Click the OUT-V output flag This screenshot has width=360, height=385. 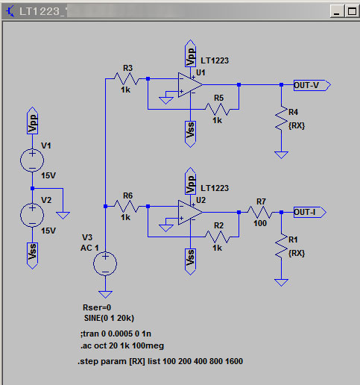click(312, 85)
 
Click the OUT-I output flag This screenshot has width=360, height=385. click(310, 213)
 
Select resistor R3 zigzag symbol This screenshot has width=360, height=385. click(127, 79)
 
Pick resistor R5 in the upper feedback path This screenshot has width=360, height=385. click(218, 110)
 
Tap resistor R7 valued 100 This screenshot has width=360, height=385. click(260, 213)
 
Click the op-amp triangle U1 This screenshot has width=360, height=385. click(190, 85)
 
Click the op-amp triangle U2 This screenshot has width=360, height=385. click(190, 213)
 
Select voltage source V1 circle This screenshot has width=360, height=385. click(32, 160)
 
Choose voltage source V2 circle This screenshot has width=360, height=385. click(32, 215)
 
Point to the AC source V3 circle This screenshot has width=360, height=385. click(105, 263)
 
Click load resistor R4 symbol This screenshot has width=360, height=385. click(281, 119)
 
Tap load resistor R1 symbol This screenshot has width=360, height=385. click(281, 246)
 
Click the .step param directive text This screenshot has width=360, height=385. click(160, 361)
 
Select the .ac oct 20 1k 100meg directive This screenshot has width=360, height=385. click(122, 345)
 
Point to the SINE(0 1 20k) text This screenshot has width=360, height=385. click(109, 318)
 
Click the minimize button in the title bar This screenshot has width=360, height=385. click(337, 11)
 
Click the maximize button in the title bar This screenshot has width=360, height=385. click(352, 11)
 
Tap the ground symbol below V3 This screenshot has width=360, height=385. click(105, 295)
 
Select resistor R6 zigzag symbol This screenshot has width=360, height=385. click(127, 207)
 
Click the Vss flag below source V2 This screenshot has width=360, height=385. click(32, 256)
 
